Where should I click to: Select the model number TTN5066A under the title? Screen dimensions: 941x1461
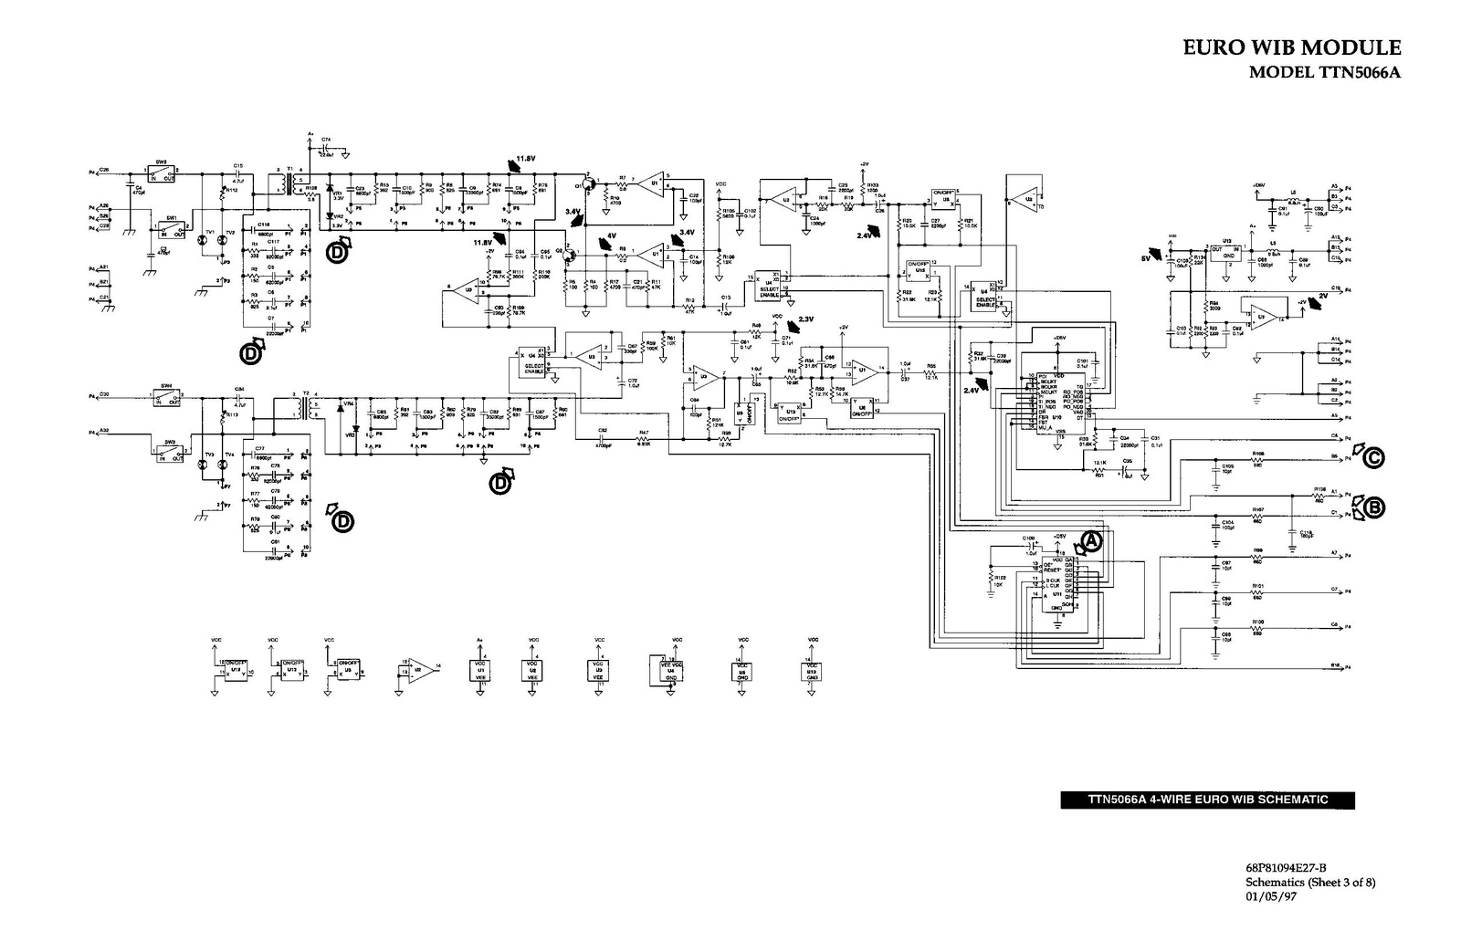[1323, 73]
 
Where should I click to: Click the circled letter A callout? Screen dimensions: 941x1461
[1092, 540]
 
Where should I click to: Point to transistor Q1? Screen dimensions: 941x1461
[589, 185]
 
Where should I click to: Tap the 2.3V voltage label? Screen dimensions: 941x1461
[804, 319]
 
